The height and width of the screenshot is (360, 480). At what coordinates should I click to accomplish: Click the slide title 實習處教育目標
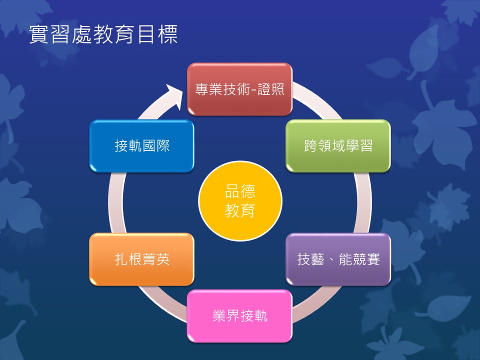pyautogui.click(x=103, y=34)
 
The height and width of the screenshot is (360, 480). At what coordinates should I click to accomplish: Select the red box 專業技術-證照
pyautogui.click(x=239, y=89)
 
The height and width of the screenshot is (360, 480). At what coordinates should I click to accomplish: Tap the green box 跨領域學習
pyautogui.click(x=338, y=145)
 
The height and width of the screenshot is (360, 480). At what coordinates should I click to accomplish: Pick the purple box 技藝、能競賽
pyautogui.click(x=338, y=259)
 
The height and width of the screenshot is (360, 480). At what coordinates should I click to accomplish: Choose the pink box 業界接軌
pyautogui.click(x=239, y=316)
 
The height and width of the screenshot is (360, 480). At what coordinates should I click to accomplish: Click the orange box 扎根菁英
pyautogui.click(x=141, y=259)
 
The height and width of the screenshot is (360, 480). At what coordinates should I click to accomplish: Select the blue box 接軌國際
pyautogui.click(x=141, y=145)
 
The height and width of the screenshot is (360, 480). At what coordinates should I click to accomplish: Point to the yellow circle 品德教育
pyautogui.click(x=240, y=201)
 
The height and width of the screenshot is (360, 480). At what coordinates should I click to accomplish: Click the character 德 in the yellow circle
pyautogui.click(x=247, y=191)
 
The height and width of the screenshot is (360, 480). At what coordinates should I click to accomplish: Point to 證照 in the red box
pyautogui.click(x=271, y=89)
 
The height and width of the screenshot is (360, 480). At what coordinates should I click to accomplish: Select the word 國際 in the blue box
pyautogui.click(x=156, y=145)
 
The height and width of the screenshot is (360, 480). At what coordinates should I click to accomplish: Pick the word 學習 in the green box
pyautogui.click(x=359, y=145)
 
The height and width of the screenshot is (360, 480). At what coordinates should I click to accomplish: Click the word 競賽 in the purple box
pyautogui.click(x=366, y=259)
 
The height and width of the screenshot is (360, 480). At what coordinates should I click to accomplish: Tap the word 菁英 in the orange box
pyautogui.click(x=156, y=259)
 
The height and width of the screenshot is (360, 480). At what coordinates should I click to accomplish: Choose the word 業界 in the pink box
pyautogui.click(x=226, y=316)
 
